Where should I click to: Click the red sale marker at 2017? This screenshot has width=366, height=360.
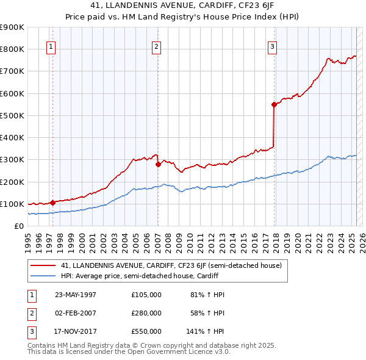click(x=274, y=104)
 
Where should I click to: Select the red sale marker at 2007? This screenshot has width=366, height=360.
click(x=158, y=164)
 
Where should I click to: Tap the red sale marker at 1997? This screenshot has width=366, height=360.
click(x=53, y=202)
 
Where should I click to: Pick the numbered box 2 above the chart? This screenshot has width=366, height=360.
click(x=157, y=46)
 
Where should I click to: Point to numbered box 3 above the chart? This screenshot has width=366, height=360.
click(x=272, y=46)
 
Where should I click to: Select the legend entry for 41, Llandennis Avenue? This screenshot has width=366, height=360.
click(x=171, y=266)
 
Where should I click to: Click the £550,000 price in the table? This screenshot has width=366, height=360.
click(x=146, y=331)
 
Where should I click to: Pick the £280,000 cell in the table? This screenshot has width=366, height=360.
click(x=146, y=313)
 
